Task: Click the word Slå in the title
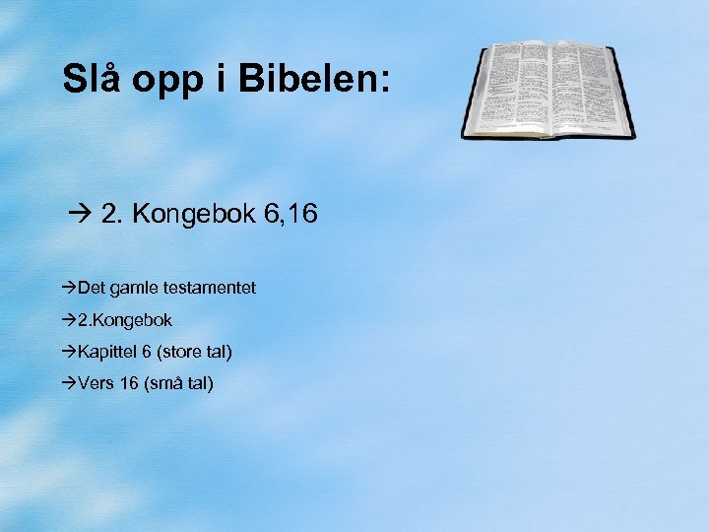click(x=88, y=79)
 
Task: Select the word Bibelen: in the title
click(x=314, y=79)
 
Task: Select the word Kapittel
click(x=107, y=351)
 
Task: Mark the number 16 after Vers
click(x=128, y=382)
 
